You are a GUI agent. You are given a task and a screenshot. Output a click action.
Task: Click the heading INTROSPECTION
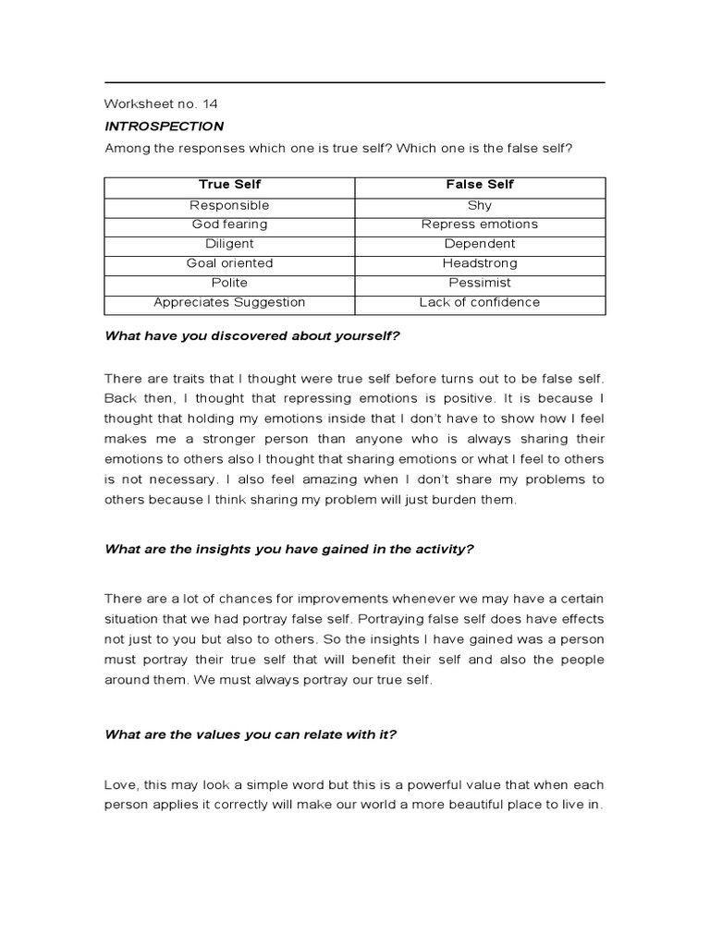click(164, 126)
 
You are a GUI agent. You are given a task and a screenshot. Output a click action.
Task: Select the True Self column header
click(229, 185)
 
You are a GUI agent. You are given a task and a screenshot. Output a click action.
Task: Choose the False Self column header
click(480, 185)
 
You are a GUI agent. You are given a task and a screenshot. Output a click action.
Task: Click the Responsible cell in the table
click(229, 205)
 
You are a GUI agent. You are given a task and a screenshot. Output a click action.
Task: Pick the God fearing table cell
click(229, 224)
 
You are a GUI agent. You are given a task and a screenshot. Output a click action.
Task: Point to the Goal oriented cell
click(229, 263)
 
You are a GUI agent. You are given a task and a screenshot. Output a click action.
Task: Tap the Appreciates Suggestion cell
click(229, 302)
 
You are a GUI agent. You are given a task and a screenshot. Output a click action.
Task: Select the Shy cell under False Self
click(480, 205)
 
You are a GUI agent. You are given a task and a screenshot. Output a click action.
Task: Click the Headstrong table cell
click(480, 263)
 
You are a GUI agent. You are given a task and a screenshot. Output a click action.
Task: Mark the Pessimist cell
click(480, 283)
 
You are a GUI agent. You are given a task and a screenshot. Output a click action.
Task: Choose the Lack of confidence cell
click(480, 302)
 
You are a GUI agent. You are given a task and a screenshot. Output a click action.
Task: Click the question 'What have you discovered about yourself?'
click(251, 336)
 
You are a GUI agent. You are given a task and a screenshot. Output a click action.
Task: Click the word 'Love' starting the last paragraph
click(120, 784)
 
